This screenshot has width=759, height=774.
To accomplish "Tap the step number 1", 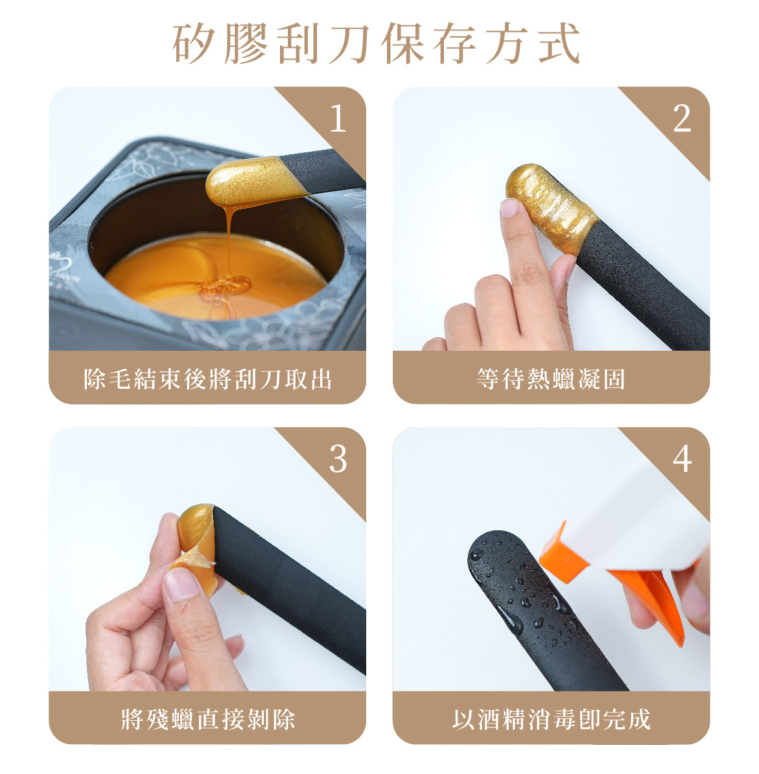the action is [x=338, y=119].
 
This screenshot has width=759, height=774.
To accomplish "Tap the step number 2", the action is [x=682, y=119].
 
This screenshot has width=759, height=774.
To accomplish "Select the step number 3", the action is [x=338, y=460].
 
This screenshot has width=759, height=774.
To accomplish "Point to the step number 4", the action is [x=682, y=460].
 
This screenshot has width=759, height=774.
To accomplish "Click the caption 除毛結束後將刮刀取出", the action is [x=207, y=379].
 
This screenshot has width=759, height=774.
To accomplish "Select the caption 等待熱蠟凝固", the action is [x=551, y=379].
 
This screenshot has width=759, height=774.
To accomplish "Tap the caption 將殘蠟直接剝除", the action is [x=208, y=719].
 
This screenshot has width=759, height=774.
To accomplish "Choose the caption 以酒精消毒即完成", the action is [x=551, y=719].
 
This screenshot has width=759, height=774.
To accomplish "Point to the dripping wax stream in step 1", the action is [x=229, y=247].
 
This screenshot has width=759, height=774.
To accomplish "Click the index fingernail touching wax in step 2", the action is [x=510, y=208].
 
